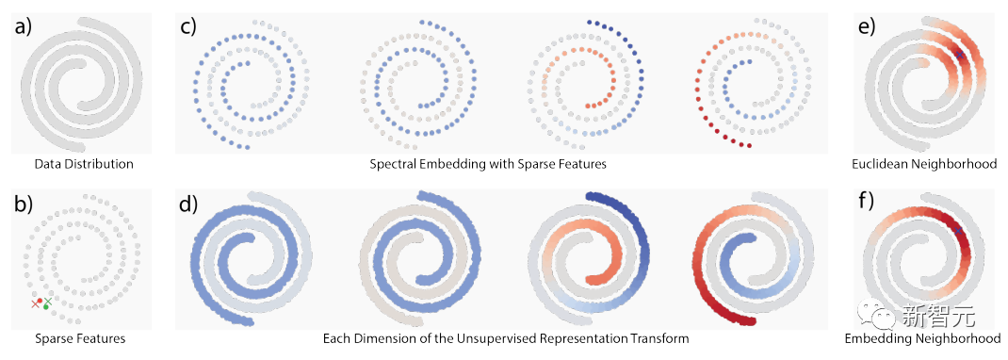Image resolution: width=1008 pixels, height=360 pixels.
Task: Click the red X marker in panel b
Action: (x=35, y=303)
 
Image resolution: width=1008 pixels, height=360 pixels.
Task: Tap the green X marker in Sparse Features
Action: (x=48, y=301)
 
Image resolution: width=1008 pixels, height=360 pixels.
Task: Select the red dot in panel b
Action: (x=40, y=301)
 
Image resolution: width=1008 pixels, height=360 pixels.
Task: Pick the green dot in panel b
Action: (x=45, y=307)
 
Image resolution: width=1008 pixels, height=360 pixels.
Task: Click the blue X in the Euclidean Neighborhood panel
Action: (x=959, y=55)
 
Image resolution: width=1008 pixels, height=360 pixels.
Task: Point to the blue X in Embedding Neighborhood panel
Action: (x=958, y=231)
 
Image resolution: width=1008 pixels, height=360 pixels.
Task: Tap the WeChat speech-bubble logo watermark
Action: (x=877, y=315)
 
